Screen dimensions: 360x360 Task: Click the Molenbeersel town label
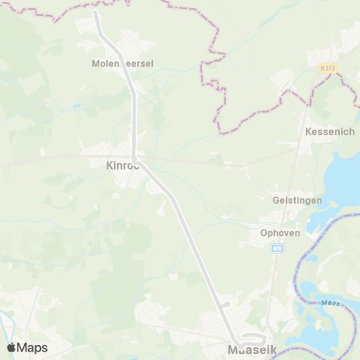[x=121, y=64]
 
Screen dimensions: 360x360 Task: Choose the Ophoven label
[x=280, y=233]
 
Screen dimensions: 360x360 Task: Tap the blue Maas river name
[x=329, y=302]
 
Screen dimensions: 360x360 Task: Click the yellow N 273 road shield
[x=328, y=68]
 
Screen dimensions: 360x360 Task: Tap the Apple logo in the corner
[x=11, y=347]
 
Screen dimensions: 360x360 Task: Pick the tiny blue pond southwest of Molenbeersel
[x=76, y=106]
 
